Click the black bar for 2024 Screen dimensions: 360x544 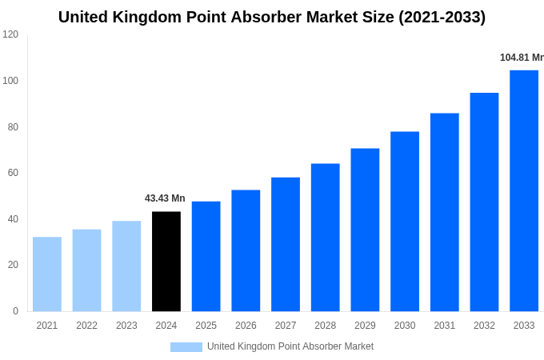(166, 262)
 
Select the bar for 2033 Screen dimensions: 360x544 (524, 191)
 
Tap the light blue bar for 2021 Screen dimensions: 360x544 (47, 274)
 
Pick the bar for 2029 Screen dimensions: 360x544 (365, 230)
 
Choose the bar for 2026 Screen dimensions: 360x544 (246, 251)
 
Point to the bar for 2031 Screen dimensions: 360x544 (445, 213)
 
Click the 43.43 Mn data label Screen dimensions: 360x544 (165, 198)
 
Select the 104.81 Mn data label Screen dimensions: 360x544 (521, 58)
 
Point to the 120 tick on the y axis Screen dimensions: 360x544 (10, 34)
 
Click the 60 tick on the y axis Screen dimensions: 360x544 (13, 173)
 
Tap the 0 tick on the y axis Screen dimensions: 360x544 (15, 311)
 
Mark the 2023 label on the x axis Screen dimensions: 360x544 (126, 326)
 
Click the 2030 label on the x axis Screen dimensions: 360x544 (405, 326)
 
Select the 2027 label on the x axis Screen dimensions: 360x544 (286, 326)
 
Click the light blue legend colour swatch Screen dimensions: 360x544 (186, 347)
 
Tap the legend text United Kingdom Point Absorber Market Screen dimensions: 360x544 (290, 346)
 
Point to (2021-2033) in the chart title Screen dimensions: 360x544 (442, 17)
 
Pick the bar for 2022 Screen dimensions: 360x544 (86, 271)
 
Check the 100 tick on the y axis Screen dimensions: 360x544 (10, 81)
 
